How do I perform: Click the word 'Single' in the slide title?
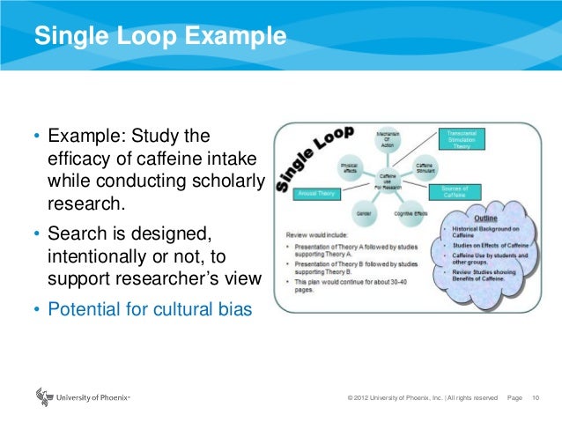tap(67, 37)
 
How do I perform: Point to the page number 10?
tap(536, 398)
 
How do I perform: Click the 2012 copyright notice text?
tap(423, 398)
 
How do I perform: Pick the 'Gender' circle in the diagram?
tap(362, 212)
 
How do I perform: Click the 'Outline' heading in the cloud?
tap(485, 219)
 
